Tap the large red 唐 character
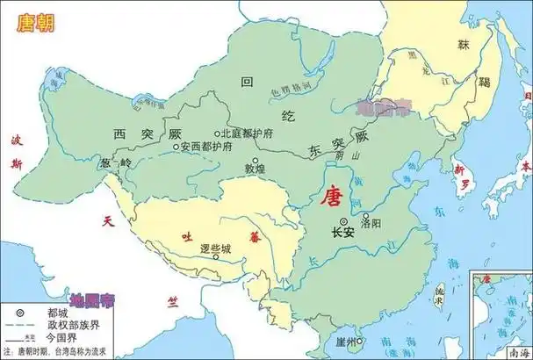point(333,196)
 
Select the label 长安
point(343,234)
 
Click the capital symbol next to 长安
point(343,221)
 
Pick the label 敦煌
point(254,167)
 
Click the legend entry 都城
point(46,311)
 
